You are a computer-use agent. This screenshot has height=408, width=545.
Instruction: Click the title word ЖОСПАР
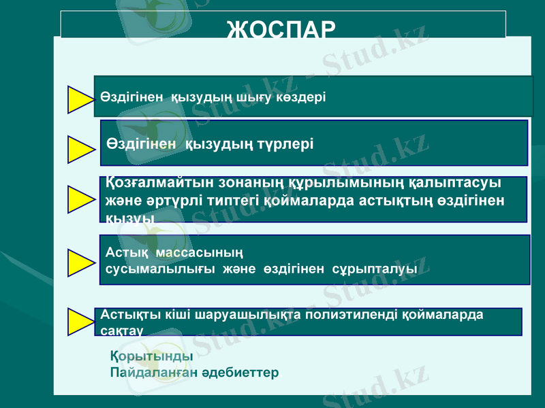281,30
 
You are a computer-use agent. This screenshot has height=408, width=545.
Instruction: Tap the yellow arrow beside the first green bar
81,99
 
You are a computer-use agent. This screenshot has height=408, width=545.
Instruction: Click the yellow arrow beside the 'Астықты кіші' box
82,321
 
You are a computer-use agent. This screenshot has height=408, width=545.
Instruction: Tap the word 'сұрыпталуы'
375,269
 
